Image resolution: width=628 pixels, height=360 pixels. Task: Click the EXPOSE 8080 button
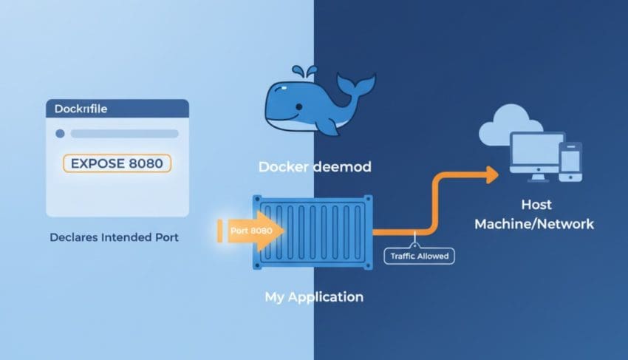tap(117, 163)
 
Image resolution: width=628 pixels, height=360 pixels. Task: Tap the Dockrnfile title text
tap(81, 109)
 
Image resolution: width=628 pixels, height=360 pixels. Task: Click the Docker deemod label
tap(315, 167)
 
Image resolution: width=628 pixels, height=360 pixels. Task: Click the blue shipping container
tap(314, 233)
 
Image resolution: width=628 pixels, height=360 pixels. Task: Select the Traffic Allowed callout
tap(420, 256)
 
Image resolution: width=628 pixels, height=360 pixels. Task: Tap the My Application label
tap(314, 297)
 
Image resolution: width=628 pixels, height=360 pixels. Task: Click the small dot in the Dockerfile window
tap(60, 134)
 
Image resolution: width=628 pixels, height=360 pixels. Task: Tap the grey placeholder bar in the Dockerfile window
tap(125, 134)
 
